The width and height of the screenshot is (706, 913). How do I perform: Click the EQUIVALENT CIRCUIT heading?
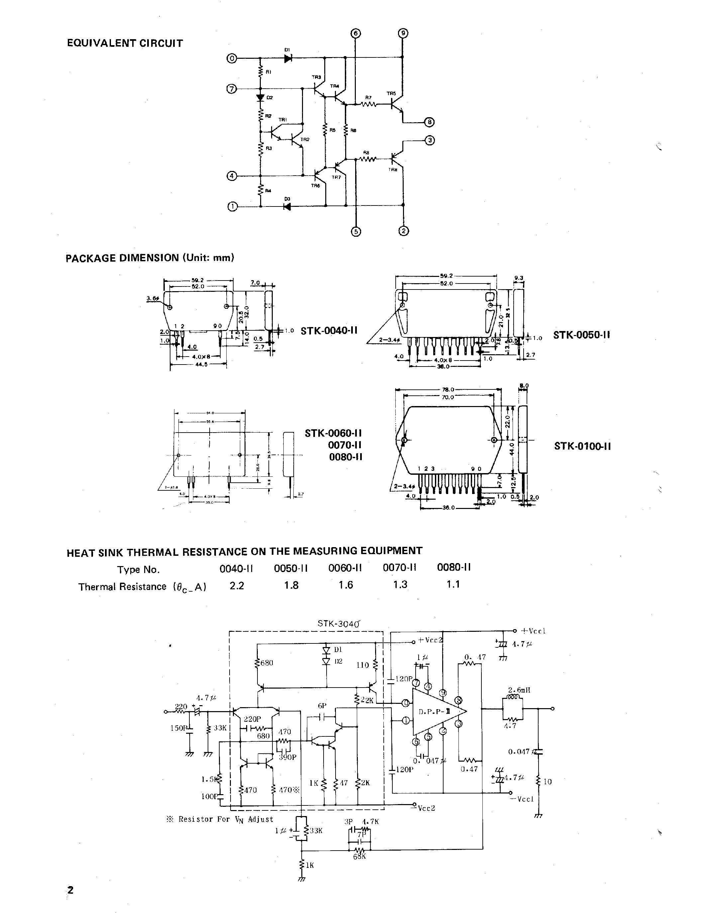pyautogui.click(x=125, y=43)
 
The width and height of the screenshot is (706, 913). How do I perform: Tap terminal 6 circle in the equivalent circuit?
pyautogui.click(x=355, y=34)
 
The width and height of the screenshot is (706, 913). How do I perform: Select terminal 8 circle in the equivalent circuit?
pyautogui.click(x=430, y=122)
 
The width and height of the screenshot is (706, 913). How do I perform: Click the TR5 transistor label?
pyautogui.click(x=391, y=94)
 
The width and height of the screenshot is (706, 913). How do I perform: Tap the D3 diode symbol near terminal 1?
pyautogui.click(x=287, y=206)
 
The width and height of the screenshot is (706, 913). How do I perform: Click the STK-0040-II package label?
pyautogui.click(x=329, y=331)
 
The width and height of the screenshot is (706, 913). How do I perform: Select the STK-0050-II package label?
pyautogui.click(x=581, y=335)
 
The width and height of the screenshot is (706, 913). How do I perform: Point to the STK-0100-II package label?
pyautogui.click(x=582, y=446)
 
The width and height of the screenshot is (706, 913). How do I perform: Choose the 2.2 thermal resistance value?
pyautogui.click(x=237, y=586)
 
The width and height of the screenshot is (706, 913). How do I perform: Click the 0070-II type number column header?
pyautogui.click(x=399, y=567)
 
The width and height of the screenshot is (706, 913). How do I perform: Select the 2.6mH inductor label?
pyautogui.click(x=519, y=690)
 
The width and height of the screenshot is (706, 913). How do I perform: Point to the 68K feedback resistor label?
pyautogui.click(x=359, y=856)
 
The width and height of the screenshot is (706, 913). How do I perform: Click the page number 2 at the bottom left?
pyautogui.click(x=70, y=889)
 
